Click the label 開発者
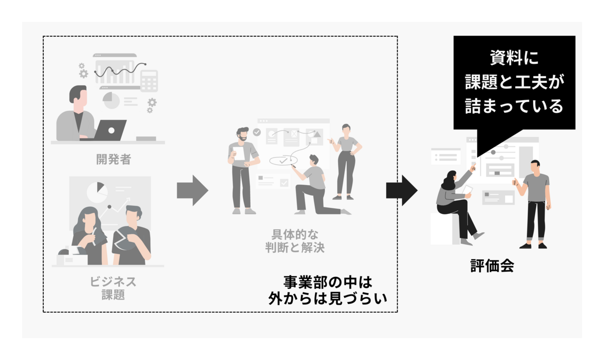pos(114,159)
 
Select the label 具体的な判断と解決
pos(295,241)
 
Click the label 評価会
pos(492,266)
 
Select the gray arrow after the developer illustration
pos(192,190)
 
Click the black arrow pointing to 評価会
pos(402,190)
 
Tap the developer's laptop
pos(110,130)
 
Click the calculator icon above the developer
pos(149,81)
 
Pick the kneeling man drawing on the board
pos(312,184)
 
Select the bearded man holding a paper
pos(243,169)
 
